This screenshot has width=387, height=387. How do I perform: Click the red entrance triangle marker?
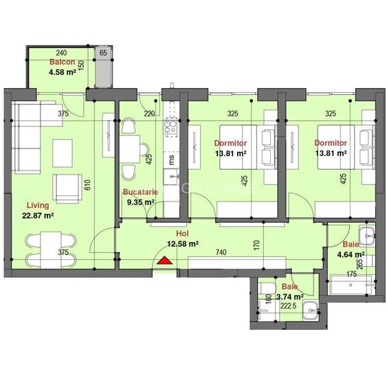[x=164, y=260]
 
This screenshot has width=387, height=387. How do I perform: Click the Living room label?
[x=38, y=205]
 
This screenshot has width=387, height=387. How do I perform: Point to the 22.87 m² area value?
[x=38, y=215]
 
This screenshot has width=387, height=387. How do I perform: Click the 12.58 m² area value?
[x=183, y=243]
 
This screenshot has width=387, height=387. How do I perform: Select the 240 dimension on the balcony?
[x=60, y=53]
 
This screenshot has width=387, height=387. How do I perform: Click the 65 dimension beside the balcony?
[x=103, y=53]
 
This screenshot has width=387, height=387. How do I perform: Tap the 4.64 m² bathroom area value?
[x=350, y=253]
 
